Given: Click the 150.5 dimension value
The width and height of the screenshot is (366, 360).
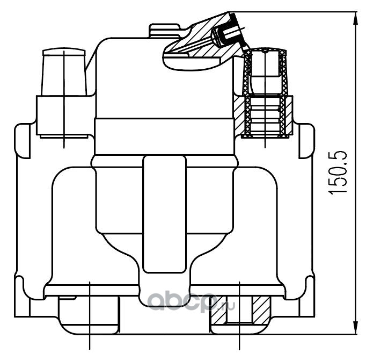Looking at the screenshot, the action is tap(338, 172).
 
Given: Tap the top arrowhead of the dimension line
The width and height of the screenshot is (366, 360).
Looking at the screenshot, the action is tap(355, 19).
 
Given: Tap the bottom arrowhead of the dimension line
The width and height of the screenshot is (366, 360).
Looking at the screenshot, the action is tap(355, 327).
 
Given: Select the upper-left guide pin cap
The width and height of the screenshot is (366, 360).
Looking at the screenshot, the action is tap(63, 72).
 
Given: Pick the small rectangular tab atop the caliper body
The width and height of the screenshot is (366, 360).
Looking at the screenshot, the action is tap(165, 30).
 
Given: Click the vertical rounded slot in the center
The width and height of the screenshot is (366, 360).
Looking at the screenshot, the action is tap(165, 214).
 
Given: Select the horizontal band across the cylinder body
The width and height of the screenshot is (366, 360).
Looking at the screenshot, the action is tap(164, 136).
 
